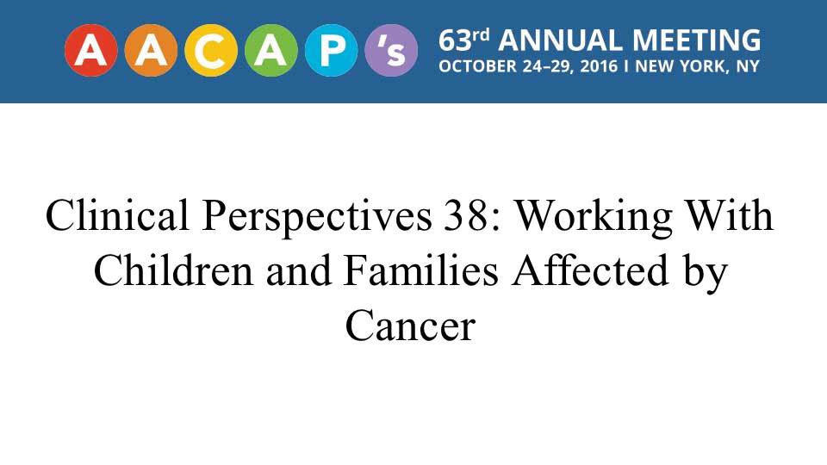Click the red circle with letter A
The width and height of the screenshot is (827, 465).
(x=90, y=51)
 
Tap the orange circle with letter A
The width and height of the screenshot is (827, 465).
(x=151, y=51)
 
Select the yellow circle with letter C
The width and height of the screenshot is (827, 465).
(x=211, y=51)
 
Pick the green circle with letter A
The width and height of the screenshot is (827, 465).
(x=271, y=51)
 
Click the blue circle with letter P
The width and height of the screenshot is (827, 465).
(x=331, y=51)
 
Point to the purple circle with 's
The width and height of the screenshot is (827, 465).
(x=391, y=51)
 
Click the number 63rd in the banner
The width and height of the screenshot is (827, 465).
(x=464, y=40)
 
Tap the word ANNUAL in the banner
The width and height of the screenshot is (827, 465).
(x=560, y=40)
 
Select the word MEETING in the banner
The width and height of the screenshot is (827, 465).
(x=696, y=40)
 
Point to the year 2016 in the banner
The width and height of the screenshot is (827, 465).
(x=599, y=66)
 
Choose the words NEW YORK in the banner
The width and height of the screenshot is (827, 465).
(x=678, y=66)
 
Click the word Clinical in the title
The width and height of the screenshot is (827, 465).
(x=117, y=215)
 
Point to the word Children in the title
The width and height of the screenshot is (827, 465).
(x=173, y=270)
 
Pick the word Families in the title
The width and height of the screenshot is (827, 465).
(x=420, y=270)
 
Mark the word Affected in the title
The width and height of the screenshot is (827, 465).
(x=590, y=270)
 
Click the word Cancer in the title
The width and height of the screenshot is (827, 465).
(x=410, y=325)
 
